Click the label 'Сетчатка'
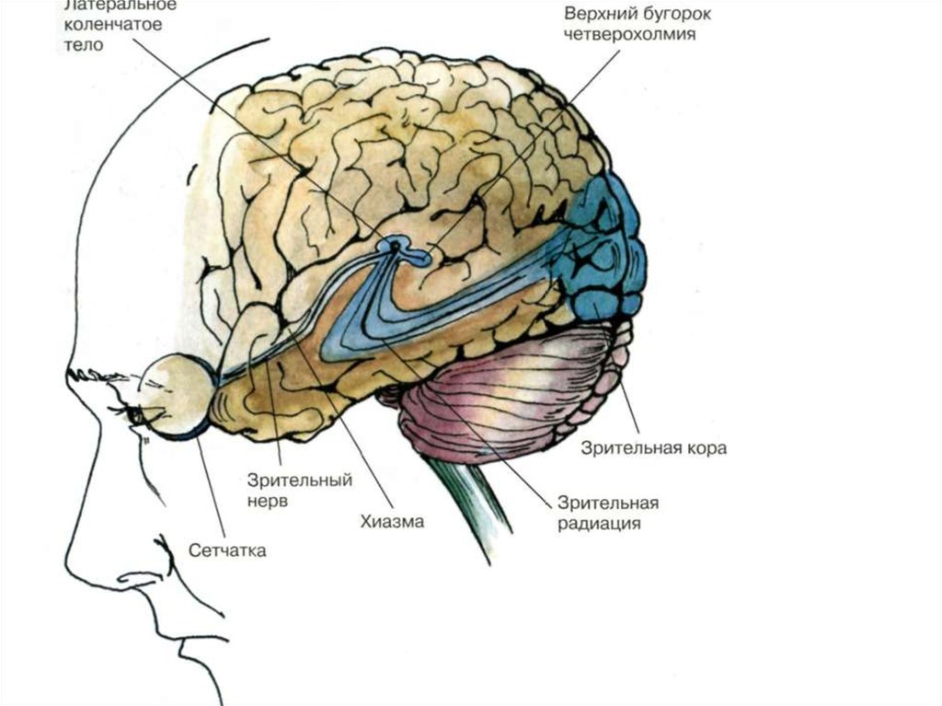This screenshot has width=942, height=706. click(x=227, y=550)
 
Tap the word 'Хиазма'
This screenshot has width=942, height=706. click(x=391, y=522)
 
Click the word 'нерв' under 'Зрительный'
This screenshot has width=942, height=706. click(x=268, y=502)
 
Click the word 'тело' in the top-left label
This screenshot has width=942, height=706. click(x=85, y=45)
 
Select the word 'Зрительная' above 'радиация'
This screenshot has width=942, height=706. click(x=607, y=503)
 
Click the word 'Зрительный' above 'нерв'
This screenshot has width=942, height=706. click(x=288, y=480)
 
